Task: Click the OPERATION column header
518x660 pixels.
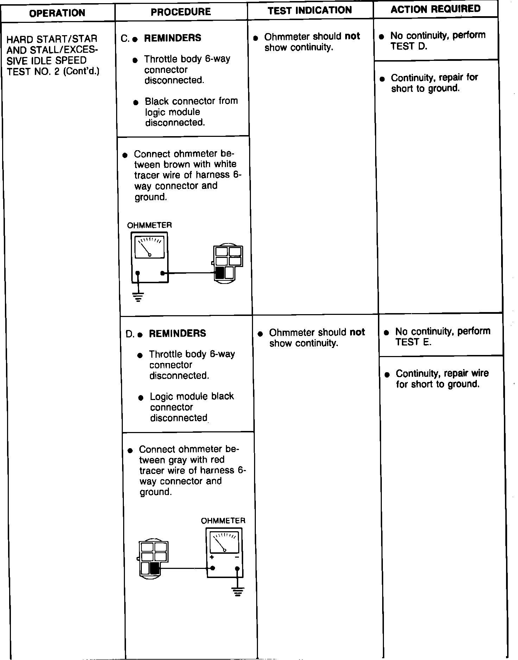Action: point(57,13)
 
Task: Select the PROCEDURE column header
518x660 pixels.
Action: point(181,12)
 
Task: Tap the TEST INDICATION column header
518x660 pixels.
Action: point(310,10)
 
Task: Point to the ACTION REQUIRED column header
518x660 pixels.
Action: point(435,9)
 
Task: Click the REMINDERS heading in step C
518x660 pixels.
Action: point(172,38)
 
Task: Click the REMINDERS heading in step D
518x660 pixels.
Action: point(177,334)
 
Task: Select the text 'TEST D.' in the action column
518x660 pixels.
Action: point(408,46)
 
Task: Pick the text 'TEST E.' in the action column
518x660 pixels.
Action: point(413,342)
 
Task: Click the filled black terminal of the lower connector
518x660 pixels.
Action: point(154,568)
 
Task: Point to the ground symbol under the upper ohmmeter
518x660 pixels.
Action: point(138,297)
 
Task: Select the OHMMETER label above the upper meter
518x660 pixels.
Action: point(149,225)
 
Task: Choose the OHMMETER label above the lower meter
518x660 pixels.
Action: point(223,521)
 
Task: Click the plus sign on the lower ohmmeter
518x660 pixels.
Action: point(212,557)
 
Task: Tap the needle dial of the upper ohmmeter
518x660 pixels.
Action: point(150,247)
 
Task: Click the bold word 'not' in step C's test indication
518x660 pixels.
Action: point(352,36)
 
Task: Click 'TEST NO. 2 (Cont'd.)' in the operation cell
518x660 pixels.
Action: point(53,71)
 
